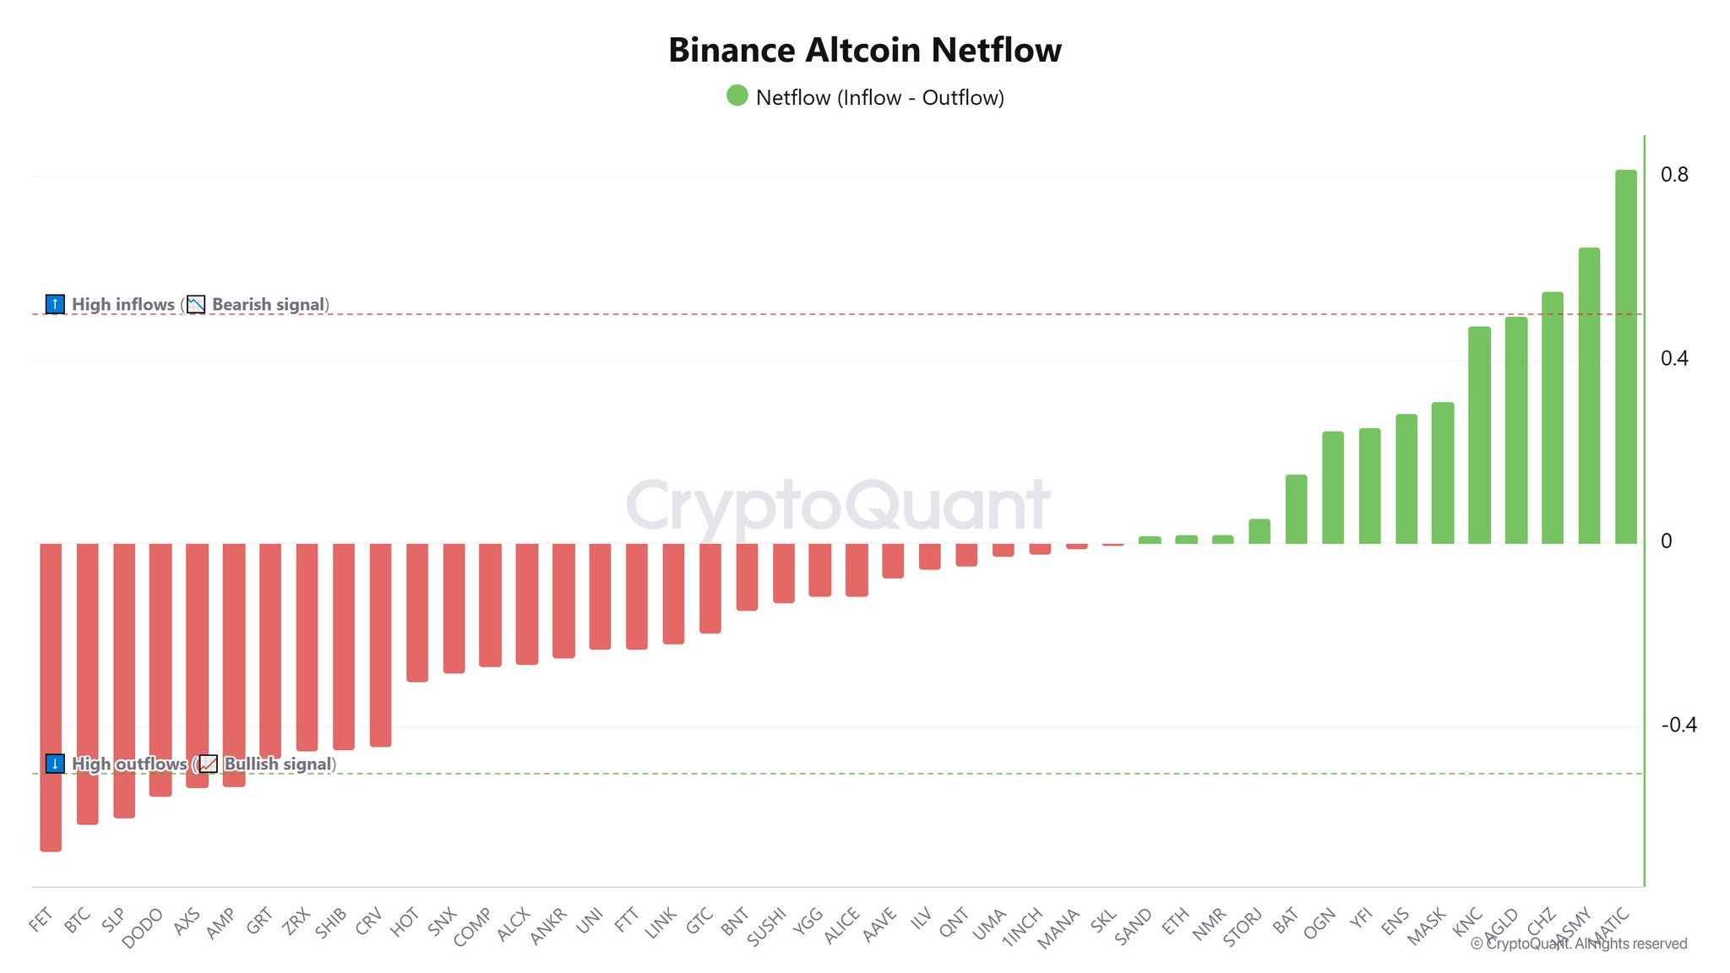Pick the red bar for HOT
coord(417,612)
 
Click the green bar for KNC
coord(1479,435)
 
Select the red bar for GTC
coord(710,588)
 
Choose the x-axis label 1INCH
coord(1022,927)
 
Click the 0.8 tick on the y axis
coord(1674,175)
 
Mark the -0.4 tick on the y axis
coord(1678,725)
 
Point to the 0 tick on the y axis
coord(1666,541)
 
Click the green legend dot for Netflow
coord(737,95)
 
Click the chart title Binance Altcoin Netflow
coord(864,50)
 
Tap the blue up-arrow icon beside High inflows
coord(55,304)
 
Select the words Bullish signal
coord(278,764)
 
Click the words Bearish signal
coord(268,304)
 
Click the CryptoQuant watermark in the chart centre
coord(838,505)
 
